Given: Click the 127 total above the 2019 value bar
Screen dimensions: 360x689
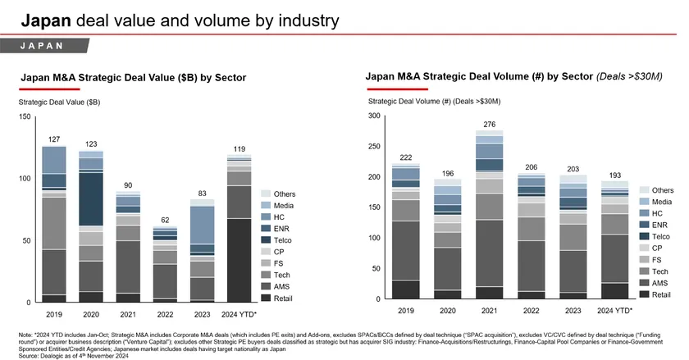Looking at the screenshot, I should pos(54,139).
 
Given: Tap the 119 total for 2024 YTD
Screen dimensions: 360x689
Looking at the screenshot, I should pos(240,148).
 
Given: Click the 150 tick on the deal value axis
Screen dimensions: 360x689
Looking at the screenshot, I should pos(25,117).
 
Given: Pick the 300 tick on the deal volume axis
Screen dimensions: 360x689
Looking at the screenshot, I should pos(376,116).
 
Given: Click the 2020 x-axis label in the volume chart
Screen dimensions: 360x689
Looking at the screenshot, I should pos(446,312).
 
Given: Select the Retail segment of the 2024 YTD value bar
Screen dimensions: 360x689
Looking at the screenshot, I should pos(240,260).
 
